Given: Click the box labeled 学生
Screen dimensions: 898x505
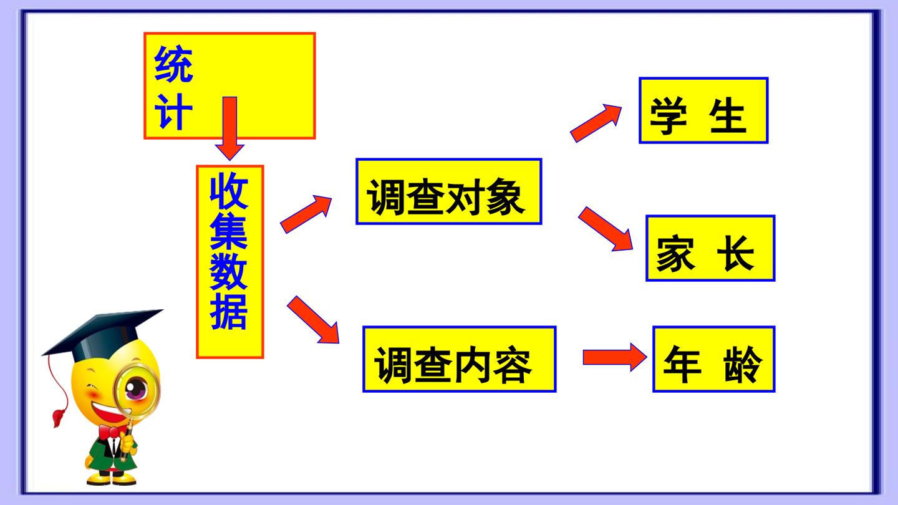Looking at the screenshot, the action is pos(703,110).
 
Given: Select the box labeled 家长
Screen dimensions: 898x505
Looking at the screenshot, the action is pos(710,249).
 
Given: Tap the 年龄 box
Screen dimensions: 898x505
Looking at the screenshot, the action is pos(714,359).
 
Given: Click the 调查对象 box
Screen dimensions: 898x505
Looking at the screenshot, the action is pos(449,191).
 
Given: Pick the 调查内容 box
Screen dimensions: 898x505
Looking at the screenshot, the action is pos(460,359).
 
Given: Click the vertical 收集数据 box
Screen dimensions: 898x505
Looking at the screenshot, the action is pos(230,262).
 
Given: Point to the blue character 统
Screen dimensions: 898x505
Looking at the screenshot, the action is pos(173,64).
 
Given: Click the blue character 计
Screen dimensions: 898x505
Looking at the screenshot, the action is pos(173,112).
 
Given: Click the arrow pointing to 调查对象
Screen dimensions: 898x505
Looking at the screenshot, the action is pos(306,214).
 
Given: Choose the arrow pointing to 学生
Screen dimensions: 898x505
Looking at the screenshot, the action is pos(596,123).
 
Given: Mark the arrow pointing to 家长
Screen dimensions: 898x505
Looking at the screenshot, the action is pos(606,229).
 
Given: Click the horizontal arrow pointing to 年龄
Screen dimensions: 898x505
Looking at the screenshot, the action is pos(615,357).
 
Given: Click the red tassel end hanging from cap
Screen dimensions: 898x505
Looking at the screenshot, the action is pos(59,417).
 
